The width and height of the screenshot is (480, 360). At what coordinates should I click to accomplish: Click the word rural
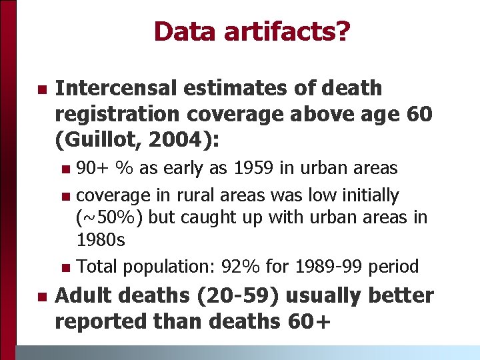(199, 195)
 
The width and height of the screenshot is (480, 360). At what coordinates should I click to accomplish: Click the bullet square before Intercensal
(41, 89)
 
